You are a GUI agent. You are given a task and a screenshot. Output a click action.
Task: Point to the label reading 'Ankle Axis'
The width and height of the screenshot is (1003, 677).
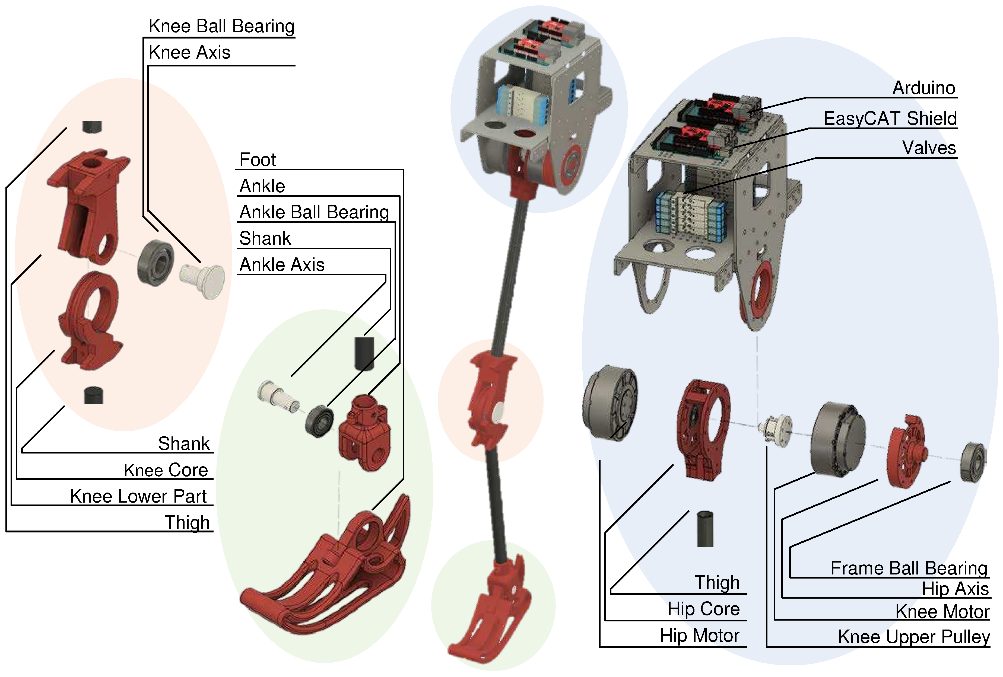(282, 264)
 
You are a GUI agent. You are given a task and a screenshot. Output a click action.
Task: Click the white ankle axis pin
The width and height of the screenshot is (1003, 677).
(276, 396)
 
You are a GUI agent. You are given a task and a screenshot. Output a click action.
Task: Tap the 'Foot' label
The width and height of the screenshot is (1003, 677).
(258, 160)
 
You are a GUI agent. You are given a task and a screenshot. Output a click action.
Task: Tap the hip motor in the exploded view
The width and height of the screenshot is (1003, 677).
(610, 402)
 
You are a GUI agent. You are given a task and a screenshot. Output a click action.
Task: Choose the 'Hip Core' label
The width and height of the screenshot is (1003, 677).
(703, 609)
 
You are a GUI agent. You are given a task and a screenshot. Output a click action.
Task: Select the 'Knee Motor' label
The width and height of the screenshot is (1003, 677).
(942, 612)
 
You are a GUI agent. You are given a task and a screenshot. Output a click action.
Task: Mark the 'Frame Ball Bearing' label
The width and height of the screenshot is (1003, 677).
(909, 568)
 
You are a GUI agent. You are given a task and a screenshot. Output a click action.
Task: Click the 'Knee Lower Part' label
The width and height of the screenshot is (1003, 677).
(138, 496)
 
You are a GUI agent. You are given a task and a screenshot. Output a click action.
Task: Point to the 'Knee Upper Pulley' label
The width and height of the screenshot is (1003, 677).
(914, 637)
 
